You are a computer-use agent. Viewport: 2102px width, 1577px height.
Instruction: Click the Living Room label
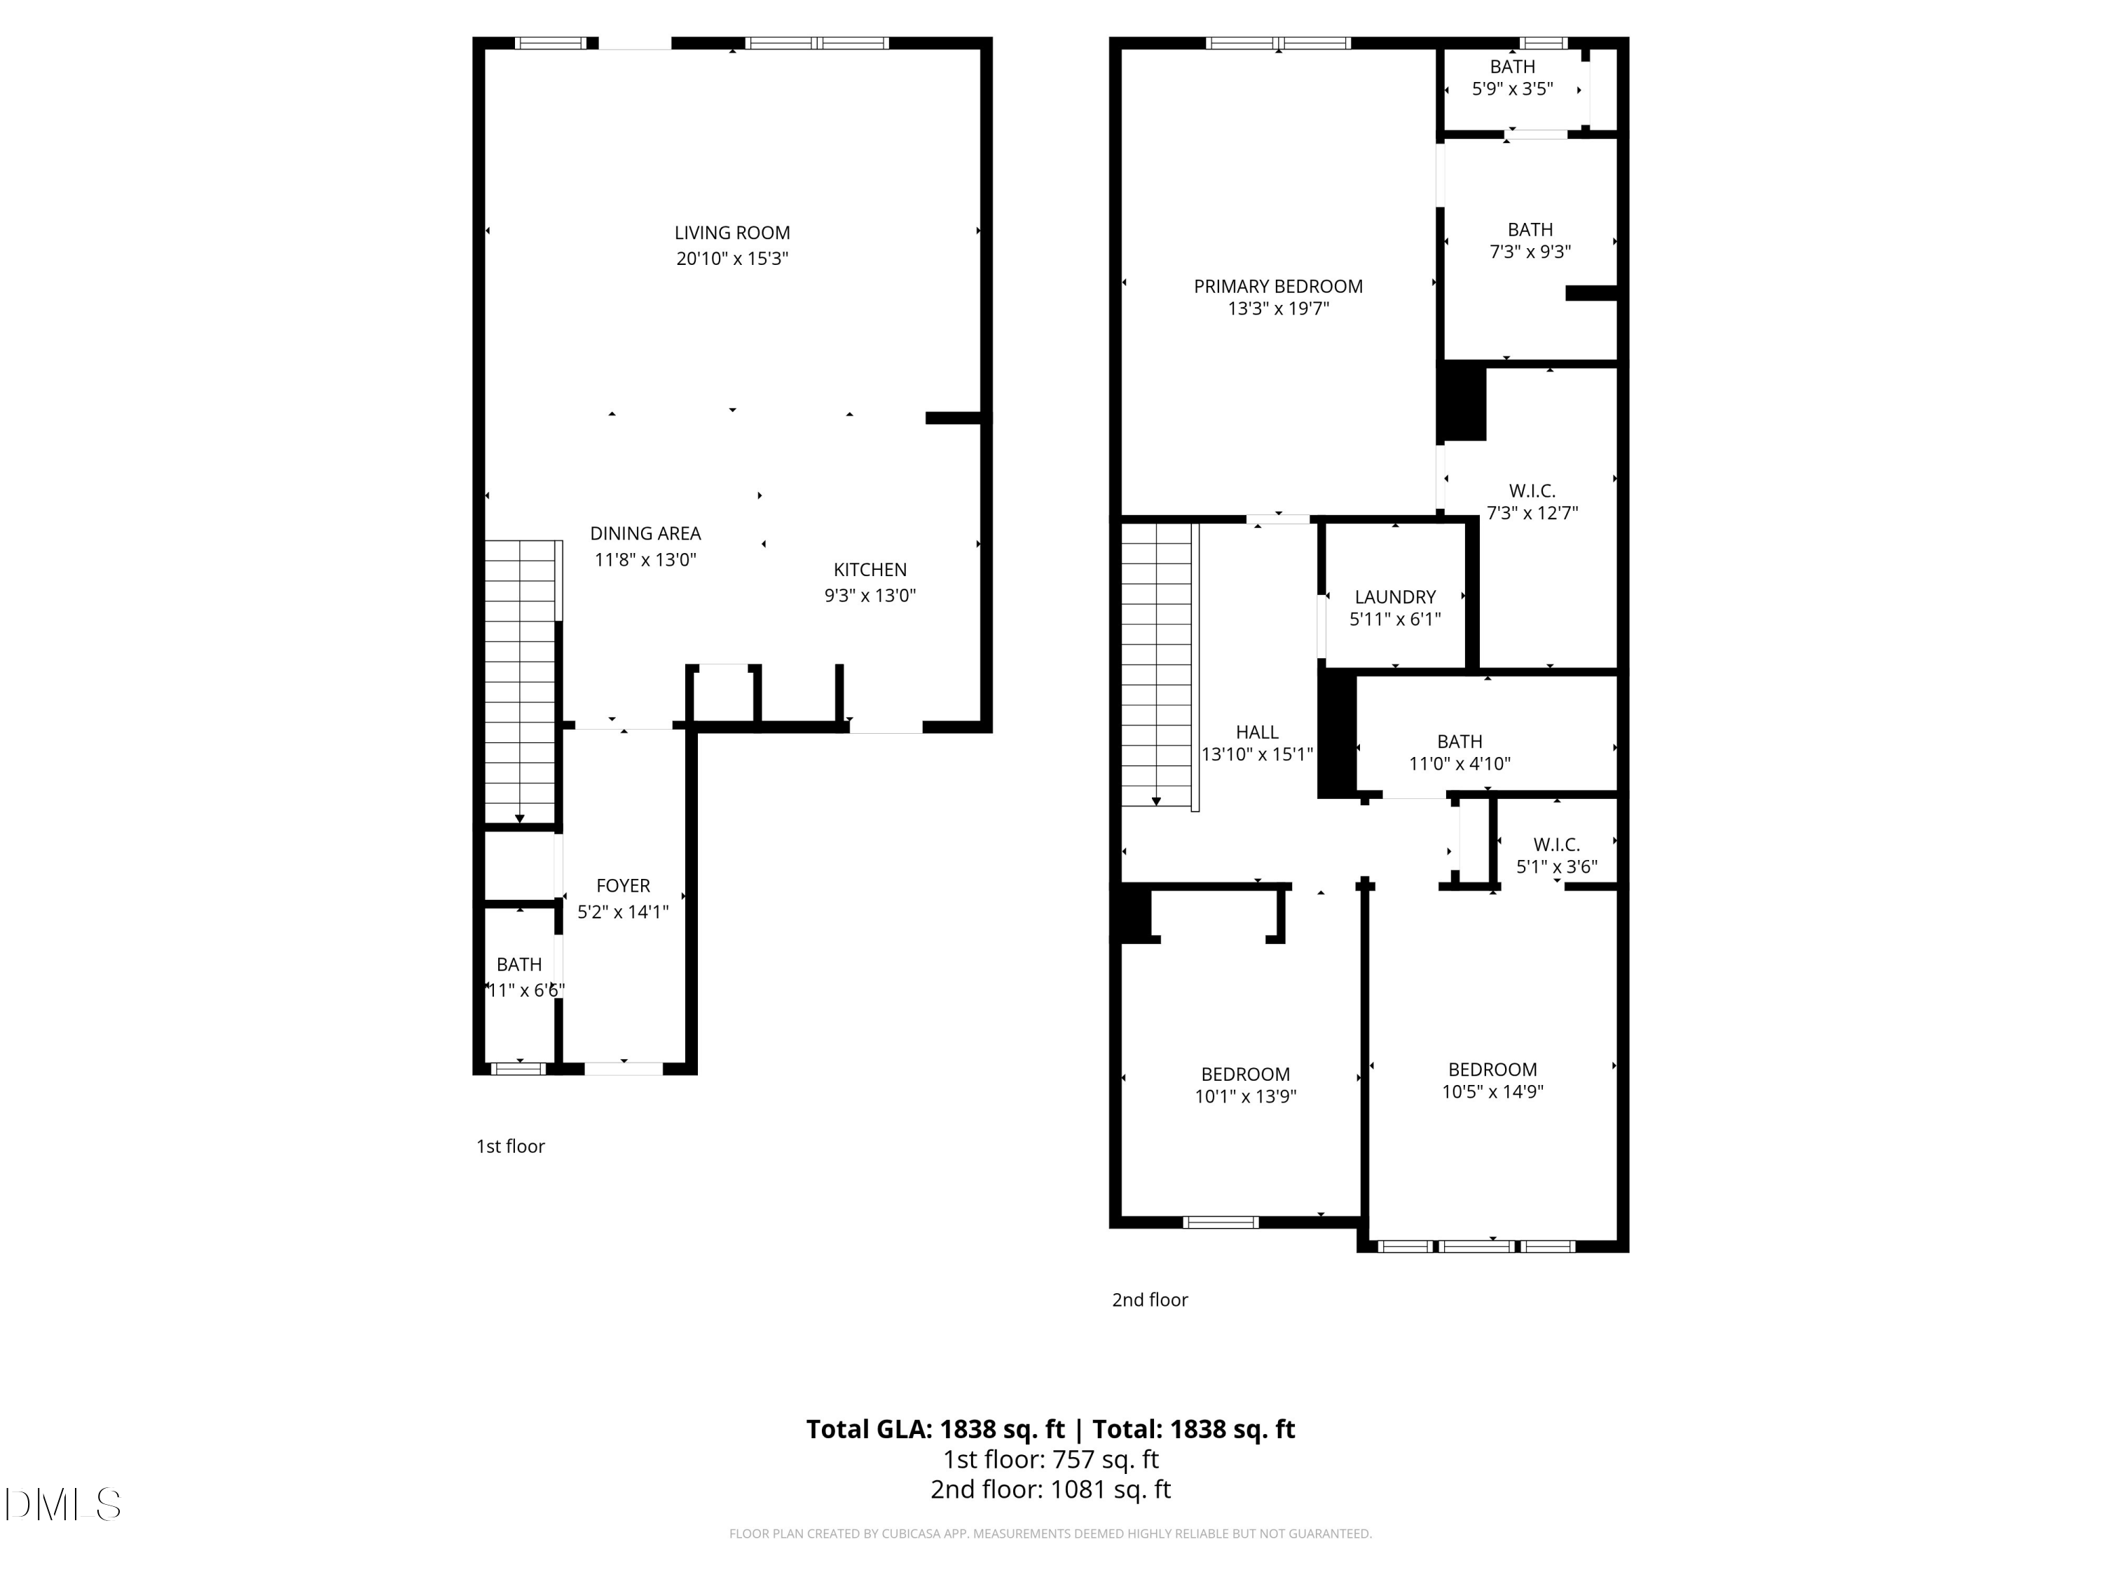731,233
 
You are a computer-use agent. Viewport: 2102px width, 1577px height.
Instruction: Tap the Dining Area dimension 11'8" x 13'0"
645,560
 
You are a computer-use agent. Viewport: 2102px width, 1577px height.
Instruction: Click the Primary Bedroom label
1278,286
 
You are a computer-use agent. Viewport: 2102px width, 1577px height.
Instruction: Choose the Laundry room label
1395,597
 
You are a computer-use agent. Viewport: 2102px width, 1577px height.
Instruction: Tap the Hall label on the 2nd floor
1257,732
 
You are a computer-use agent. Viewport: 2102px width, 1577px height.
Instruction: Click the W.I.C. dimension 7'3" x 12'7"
1532,513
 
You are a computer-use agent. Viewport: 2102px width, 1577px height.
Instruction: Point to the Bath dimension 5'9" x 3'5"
1513,89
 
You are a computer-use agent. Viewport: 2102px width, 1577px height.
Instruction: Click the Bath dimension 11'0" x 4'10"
1459,763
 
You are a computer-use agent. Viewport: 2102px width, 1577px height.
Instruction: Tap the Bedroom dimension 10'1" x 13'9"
1245,1096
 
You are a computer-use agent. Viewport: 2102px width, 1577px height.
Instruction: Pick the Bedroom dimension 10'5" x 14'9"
1492,1091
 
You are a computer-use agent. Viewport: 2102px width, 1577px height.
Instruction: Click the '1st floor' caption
510,1147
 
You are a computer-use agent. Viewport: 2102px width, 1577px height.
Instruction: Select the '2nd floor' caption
1150,1299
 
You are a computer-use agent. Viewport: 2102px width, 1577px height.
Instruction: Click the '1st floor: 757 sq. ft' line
1051,1459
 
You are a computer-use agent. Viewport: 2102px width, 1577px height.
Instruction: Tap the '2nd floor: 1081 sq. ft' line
1051,1489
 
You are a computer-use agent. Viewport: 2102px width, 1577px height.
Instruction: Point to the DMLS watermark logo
63,1505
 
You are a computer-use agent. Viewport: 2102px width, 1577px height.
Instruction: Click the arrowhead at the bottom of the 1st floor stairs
520,819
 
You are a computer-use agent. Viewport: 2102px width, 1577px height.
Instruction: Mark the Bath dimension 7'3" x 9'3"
1530,252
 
